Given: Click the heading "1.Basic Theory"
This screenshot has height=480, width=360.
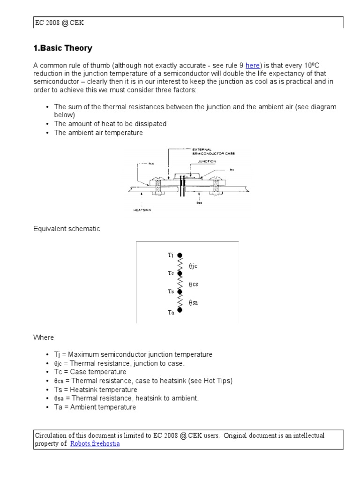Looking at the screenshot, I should [63, 48].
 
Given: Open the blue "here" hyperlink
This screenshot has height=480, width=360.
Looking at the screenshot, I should [252, 65].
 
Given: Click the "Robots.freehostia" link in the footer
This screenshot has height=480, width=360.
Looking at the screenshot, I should [95, 443].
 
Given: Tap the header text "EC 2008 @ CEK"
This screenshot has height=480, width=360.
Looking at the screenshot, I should [60, 22].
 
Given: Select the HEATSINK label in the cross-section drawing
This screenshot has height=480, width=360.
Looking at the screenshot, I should [143, 210].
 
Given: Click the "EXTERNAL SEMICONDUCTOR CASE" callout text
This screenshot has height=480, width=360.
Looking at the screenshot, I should [211, 152].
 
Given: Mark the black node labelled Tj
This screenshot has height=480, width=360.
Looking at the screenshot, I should [180, 255].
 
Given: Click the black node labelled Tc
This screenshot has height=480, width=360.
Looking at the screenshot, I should [180, 273].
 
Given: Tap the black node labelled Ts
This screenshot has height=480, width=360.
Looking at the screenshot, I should [180, 292].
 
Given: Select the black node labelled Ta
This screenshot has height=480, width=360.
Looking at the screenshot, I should [180, 310].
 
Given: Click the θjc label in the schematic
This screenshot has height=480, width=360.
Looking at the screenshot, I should [193, 266].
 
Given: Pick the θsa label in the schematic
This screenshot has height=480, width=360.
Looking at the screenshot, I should [193, 302].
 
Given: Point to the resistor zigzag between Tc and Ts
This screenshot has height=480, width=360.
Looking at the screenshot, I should [180, 283].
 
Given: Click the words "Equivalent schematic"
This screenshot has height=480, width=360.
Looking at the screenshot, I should [66, 229].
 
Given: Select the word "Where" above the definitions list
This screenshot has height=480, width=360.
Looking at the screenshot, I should [44, 337].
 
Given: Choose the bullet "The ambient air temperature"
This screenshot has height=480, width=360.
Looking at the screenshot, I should [98, 133].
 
